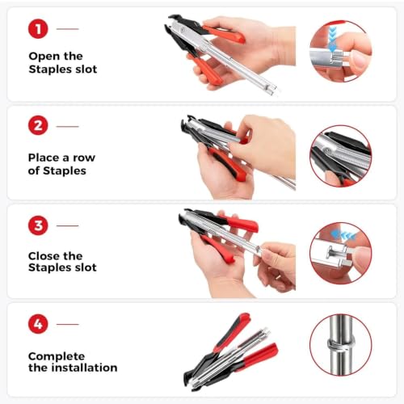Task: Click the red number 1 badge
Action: [x=38, y=29]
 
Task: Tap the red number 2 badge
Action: [x=38, y=125]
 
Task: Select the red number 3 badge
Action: [x=38, y=225]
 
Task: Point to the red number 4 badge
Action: [x=38, y=324]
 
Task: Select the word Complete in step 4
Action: [x=57, y=357]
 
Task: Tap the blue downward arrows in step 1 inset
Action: [x=333, y=38]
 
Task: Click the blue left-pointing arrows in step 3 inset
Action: [x=343, y=235]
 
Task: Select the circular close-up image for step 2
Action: [x=341, y=156]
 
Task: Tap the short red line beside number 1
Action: [x=68, y=29]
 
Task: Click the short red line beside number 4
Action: [x=68, y=324]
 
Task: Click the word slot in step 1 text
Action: [x=86, y=69]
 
